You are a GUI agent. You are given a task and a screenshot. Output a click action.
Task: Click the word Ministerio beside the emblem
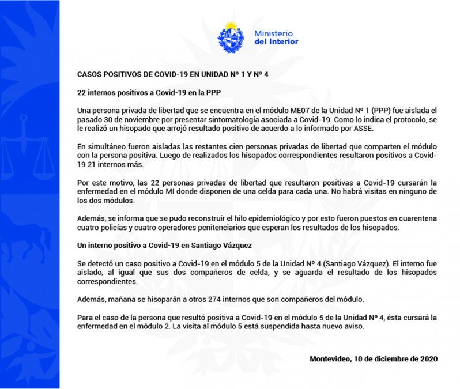tap(273, 33)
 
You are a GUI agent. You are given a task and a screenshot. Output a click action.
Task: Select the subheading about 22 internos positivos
tap(150, 92)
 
